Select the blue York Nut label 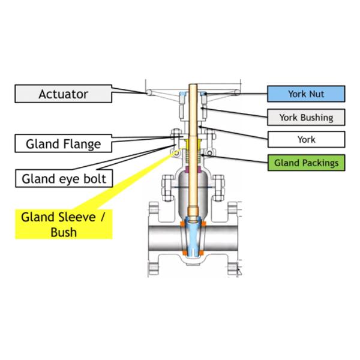(306, 94)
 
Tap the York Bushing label (306, 117)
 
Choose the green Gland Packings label (306, 163)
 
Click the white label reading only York (306, 139)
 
